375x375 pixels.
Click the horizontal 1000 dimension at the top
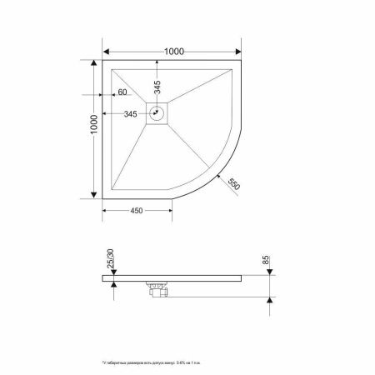(x=173, y=51)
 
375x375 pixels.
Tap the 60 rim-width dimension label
(x=122, y=92)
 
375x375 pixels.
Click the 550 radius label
(x=234, y=185)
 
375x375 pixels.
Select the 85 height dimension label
(x=267, y=261)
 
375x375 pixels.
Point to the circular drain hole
(x=156, y=112)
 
